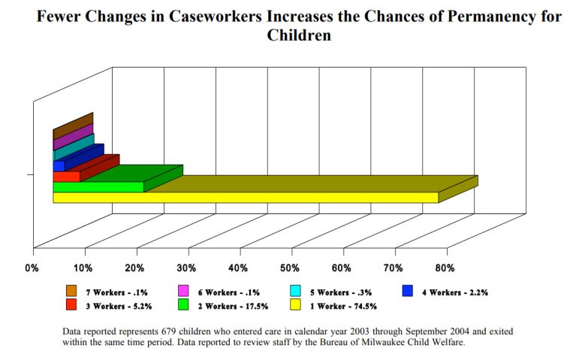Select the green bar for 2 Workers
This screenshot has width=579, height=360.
click(x=98, y=186)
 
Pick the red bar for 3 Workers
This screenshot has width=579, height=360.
click(x=66, y=177)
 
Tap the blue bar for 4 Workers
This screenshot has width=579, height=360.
click(x=59, y=166)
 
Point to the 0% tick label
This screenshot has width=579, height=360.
click(x=32, y=268)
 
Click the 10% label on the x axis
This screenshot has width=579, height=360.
click(x=83, y=268)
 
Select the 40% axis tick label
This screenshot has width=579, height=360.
click(x=238, y=268)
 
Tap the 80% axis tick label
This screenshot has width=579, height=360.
click(x=445, y=268)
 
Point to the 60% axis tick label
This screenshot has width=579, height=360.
click(x=342, y=268)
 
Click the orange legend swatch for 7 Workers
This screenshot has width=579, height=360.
click(x=71, y=292)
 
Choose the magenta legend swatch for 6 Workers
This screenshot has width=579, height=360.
click(x=183, y=292)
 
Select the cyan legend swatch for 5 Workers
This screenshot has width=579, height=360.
click(x=296, y=292)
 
